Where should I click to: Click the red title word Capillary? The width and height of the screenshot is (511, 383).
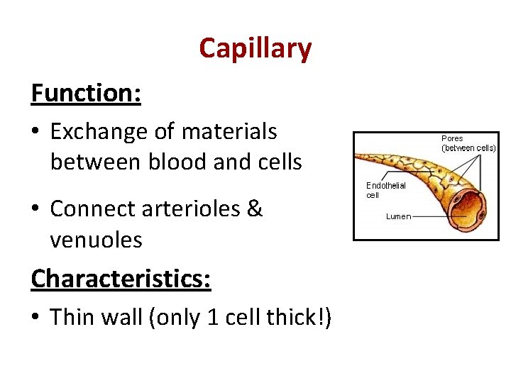[255, 49]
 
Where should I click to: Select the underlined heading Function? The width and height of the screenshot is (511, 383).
[86, 93]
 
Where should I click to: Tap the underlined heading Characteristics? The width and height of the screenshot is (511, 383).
[121, 278]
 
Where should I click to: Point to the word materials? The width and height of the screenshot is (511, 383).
[229, 131]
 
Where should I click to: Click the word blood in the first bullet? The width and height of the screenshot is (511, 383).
[179, 162]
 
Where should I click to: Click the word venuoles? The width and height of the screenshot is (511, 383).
[96, 240]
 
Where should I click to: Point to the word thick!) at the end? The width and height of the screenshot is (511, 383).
[299, 316]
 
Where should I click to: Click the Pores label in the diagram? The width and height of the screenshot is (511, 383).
[452, 139]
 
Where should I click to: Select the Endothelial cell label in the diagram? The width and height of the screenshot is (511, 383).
[385, 190]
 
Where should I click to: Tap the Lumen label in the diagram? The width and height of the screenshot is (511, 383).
[398, 216]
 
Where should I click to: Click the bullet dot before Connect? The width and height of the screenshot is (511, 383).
[36, 210]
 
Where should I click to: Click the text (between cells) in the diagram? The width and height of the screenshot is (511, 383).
[468, 148]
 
